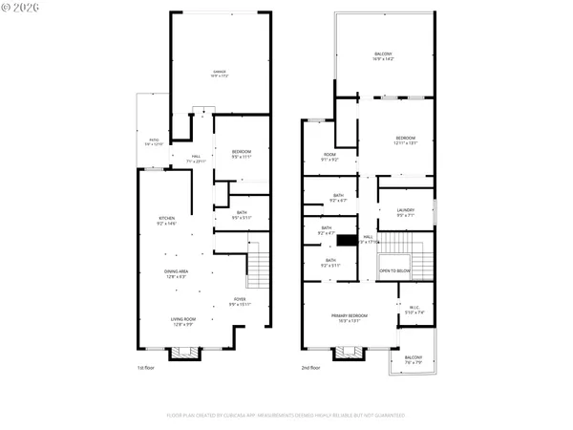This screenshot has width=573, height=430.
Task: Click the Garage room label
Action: pyautogui.click(x=219, y=75)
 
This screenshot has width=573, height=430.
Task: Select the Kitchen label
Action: pyautogui.click(x=167, y=221)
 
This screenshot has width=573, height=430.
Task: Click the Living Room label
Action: pyautogui.click(x=182, y=322)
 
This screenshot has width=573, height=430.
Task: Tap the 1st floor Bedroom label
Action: pyautogui.click(x=241, y=154)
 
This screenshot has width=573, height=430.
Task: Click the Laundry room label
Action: pyautogui.click(x=405, y=214)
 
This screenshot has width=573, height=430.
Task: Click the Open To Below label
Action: pyautogui.click(x=395, y=271)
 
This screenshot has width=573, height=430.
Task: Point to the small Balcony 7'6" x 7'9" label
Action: pyautogui.click(x=412, y=359)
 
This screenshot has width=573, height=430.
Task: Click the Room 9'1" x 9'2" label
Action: pyautogui.click(x=329, y=157)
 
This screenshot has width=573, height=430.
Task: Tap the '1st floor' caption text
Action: pyautogui.click(x=145, y=368)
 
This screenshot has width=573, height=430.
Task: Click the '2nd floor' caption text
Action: pyautogui.click(x=311, y=368)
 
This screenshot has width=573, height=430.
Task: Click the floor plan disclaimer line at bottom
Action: pyautogui.click(x=286, y=416)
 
